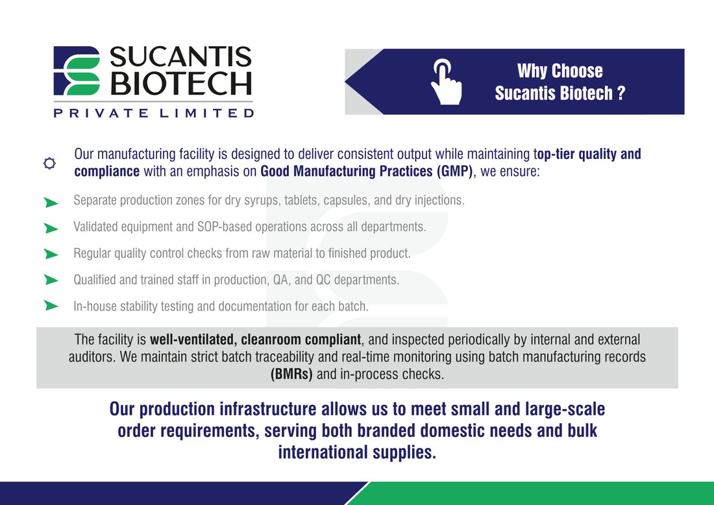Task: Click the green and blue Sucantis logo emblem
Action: coord(77,71)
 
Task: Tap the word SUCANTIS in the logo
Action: coord(180,57)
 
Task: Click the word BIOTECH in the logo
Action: coord(181,83)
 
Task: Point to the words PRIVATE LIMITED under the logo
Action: coord(153,112)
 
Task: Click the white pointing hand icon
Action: coord(447,82)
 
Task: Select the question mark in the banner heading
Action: coord(621,93)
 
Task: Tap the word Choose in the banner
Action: coord(577,71)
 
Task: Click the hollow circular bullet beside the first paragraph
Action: coord(49,163)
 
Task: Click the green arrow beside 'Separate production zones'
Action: coord(51,203)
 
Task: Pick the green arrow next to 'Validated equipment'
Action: coord(51,228)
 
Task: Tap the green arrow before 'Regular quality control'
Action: coord(51,254)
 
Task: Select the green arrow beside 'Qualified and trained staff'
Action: coord(51,280)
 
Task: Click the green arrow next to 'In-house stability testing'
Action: coord(51,305)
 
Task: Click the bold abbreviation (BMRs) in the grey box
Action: coord(291,375)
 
